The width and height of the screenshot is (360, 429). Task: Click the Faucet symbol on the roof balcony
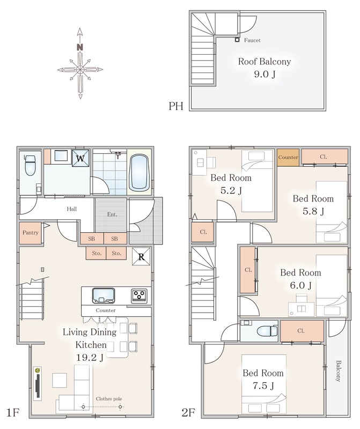point(237,40)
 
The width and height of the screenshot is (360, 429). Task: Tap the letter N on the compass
point(79,47)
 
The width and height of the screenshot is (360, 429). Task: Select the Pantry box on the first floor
point(30,233)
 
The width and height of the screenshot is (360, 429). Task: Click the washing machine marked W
point(80,158)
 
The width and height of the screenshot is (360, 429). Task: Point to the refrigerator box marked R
point(141,256)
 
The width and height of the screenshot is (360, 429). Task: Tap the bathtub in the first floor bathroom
point(139,173)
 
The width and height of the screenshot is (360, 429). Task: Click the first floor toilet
point(30,165)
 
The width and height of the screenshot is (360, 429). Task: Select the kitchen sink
point(104,295)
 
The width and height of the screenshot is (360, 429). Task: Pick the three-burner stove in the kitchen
point(139,296)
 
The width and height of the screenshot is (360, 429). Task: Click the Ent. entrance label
point(112,214)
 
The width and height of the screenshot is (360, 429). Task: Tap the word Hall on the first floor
point(72,209)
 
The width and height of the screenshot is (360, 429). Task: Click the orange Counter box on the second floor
point(288,157)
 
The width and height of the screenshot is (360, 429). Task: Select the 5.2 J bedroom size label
point(231,190)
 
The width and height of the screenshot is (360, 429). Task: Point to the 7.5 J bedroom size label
point(263,386)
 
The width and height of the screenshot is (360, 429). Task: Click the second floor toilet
point(267,331)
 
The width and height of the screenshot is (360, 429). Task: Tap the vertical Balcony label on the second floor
point(339,371)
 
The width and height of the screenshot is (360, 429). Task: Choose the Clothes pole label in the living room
point(109,398)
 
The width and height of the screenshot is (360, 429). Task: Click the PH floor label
point(176,106)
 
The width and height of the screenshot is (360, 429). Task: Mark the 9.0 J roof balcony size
point(265,74)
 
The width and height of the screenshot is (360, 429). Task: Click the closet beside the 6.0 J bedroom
point(248,270)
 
